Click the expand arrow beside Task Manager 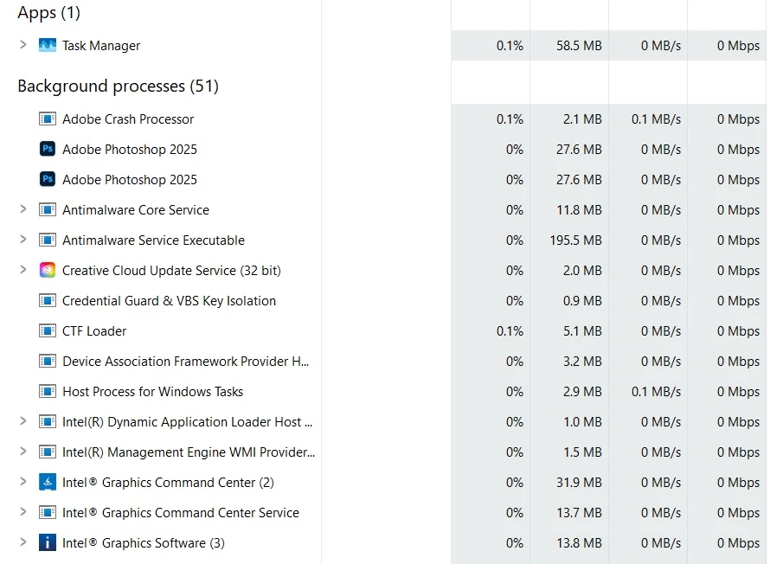[23, 45]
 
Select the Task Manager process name [100, 46]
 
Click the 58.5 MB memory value [579, 46]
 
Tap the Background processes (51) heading [118, 86]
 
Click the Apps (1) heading [48, 13]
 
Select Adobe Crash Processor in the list [128, 119]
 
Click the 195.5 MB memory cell [575, 240]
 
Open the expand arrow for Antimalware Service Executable [23, 240]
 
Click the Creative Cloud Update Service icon [48, 271]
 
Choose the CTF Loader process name [94, 331]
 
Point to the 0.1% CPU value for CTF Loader [510, 331]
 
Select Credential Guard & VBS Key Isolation [169, 301]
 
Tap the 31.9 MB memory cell [579, 483]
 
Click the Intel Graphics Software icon [48, 543]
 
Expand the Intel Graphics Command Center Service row [23, 512]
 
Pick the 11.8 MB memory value [579, 210]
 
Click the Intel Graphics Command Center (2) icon [48, 483]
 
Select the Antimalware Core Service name [136, 210]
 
